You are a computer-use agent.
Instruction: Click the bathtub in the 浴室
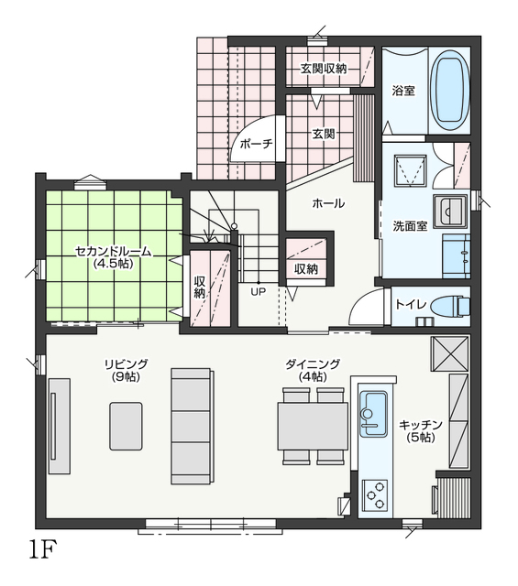point(449,90)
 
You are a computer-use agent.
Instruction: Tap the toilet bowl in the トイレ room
point(450,306)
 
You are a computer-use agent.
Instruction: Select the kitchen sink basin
point(373,413)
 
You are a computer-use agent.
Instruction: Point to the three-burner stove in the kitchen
point(375,494)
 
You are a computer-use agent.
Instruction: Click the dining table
point(313,426)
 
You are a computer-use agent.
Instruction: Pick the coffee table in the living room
point(126,426)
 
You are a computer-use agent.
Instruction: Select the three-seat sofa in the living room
point(193,426)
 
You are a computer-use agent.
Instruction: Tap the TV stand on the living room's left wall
point(60,426)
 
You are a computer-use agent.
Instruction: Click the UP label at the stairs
point(258,292)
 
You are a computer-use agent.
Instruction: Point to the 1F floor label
point(42,548)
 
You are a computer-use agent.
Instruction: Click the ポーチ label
point(257,144)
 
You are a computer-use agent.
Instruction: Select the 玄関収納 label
point(324,69)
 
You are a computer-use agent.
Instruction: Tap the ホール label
point(328,203)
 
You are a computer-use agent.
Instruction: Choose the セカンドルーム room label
point(114,252)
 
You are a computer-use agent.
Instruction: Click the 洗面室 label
point(410,226)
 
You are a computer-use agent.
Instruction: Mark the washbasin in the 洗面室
point(450,212)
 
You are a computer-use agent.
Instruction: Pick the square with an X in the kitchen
point(449,353)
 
